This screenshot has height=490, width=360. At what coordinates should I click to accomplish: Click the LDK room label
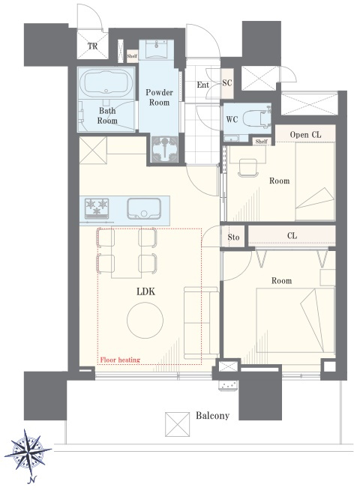pos(145,291)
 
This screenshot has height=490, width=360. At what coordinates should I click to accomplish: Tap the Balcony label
pos(213,416)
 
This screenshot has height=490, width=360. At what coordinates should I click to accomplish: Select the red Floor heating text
pos(120,360)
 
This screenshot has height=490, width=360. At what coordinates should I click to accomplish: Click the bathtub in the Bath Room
pos(106,82)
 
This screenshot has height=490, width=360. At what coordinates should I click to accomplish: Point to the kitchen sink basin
pos(144,208)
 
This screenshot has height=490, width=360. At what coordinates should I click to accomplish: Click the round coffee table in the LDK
pos(145,321)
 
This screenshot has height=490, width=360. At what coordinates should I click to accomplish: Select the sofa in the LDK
pos(201,322)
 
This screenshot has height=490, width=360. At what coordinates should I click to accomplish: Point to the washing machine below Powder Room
pos(164,149)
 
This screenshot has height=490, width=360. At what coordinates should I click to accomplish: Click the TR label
pos(92,46)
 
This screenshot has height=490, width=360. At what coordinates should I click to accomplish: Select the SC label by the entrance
pos(227,82)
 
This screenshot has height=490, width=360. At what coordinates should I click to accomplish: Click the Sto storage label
pos(233,238)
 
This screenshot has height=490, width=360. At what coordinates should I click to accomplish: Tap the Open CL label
pos(305,135)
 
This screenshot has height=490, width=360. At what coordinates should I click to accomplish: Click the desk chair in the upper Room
pos(248,168)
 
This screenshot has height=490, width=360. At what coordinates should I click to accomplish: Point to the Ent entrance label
pos(203,85)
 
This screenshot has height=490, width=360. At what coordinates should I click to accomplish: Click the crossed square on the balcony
pos(177,424)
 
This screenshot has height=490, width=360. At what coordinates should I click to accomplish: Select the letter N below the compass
pos(32,480)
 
